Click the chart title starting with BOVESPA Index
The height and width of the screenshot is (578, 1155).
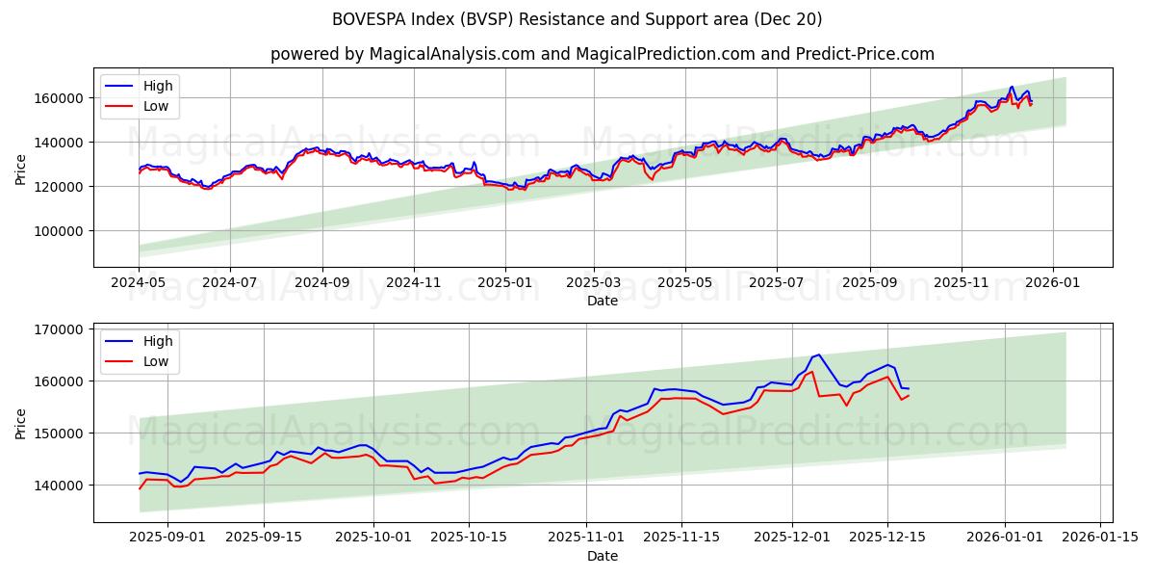pyautogui.click(x=577, y=19)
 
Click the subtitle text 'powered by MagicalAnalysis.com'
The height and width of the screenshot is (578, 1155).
pyautogui.click(x=401, y=54)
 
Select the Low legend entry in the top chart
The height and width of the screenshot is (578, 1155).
pyautogui.click(x=155, y=106)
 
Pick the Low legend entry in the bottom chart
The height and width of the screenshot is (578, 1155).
pyautogui.click(x=155, y=361)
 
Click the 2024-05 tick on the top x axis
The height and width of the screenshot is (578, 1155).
pyautogui.click(x=139, y=284)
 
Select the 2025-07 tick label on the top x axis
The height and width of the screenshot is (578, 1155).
pyautogui.click(x=776, y=284)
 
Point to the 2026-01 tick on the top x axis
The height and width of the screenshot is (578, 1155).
pyautogui.click(x=1052, y=284)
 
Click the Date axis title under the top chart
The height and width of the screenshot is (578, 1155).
pyautogui.click(x=602, y=301)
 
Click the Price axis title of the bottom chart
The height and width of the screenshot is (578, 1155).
pyautogui.click(x=21, y=422)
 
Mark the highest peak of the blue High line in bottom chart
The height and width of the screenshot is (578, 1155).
pyautogui.click(x=819, y=355)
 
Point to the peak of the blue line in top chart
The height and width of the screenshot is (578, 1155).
pyautogui.click(x=1012, y=87)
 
